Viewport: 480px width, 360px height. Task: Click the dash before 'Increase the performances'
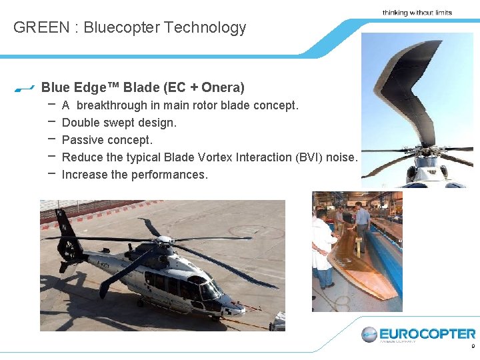click(x=51, y=173)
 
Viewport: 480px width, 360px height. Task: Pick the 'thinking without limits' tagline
click(x=417, y=13)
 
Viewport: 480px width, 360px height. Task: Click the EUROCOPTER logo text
click(x=427, y=333)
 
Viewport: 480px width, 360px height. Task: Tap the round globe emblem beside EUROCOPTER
click(x=369, y=335)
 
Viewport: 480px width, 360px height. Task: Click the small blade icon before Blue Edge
click(x=24, y=88)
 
